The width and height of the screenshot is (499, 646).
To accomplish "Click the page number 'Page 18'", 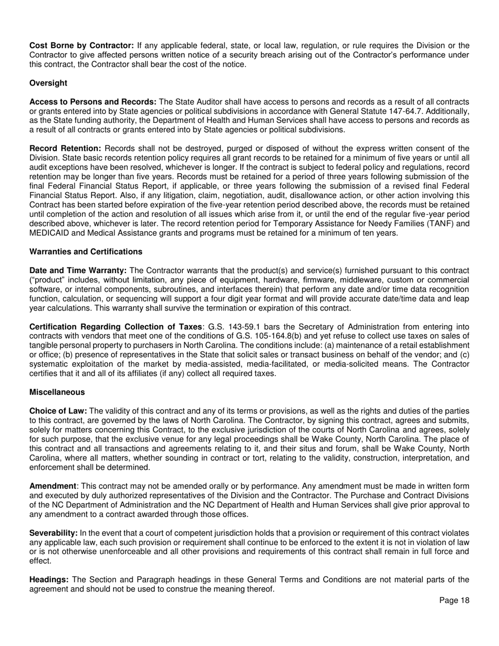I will point(454,600).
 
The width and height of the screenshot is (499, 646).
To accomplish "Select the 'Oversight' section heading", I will point(48,83).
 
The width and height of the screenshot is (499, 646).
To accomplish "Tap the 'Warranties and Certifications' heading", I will point(86,252).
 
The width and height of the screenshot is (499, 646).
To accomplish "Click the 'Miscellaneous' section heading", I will point(57,392).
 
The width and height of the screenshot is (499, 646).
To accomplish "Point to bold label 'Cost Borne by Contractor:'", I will point(82,46).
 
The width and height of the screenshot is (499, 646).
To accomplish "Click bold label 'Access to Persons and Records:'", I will point(93,101).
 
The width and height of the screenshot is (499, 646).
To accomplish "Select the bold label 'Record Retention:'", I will point(65,149).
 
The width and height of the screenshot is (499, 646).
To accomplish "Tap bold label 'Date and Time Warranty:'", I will point(78,270).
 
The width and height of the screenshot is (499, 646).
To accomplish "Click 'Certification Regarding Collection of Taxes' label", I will point(116,327).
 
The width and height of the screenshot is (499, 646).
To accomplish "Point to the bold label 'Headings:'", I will point(49,580).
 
